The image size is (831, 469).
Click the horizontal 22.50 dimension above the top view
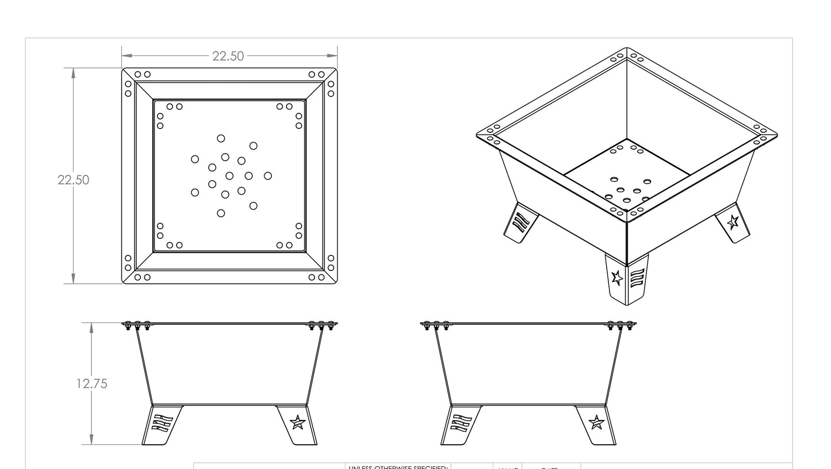228,56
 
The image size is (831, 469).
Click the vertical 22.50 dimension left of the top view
73,180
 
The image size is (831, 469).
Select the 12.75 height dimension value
91,383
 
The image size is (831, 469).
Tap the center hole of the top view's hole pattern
229,176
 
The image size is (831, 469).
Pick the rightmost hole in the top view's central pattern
267,176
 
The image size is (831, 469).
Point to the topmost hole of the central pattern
221,138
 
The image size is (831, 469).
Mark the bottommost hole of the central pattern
221,213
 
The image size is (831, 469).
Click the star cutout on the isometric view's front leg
617,278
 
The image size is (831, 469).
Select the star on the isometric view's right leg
733,222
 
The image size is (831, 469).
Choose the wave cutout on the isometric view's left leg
520,222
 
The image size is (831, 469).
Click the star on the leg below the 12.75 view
297,422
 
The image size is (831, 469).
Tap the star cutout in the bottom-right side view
596,422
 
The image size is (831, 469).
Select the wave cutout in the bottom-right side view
461,424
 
